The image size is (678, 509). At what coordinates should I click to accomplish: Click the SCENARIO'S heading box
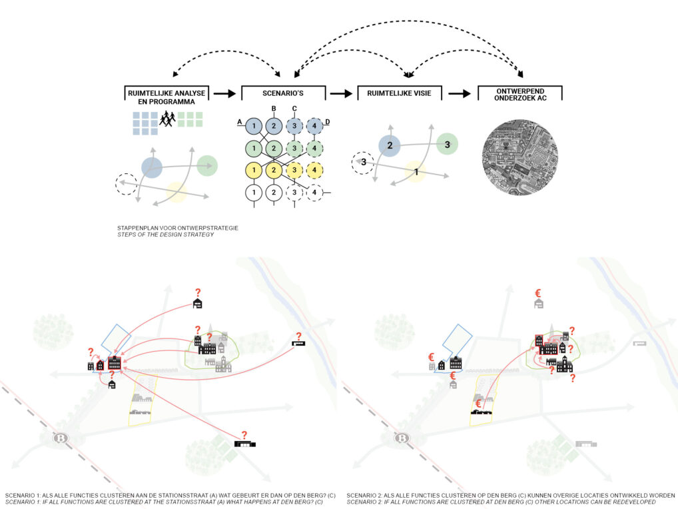[x=283, y=94]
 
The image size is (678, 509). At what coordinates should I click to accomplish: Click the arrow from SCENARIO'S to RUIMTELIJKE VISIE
[x=340, y=94]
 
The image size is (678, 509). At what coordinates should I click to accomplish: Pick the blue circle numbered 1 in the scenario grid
[x=253, y=125]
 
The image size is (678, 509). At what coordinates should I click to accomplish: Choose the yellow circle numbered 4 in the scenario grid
[x=314, y=170]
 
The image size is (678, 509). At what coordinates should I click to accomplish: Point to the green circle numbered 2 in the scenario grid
[x=274, y=147]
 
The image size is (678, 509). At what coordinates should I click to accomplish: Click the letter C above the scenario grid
[x=294, y=109]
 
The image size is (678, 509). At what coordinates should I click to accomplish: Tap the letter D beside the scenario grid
[x=328, y=121]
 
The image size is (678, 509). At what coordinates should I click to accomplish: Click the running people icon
[x=167, y=119]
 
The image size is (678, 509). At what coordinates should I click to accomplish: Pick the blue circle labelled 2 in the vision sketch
[x=390, y=145]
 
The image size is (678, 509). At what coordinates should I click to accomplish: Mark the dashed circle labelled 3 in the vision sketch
[x=363, y=162]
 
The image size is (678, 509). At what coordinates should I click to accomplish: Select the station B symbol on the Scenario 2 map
[x=402, y=438]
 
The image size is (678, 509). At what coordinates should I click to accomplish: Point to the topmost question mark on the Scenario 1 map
[x=197, y=292]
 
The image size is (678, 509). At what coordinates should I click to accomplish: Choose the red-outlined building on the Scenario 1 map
[x=114, y=363]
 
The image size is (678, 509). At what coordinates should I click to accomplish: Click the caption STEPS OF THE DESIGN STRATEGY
[x=165, y=235]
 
